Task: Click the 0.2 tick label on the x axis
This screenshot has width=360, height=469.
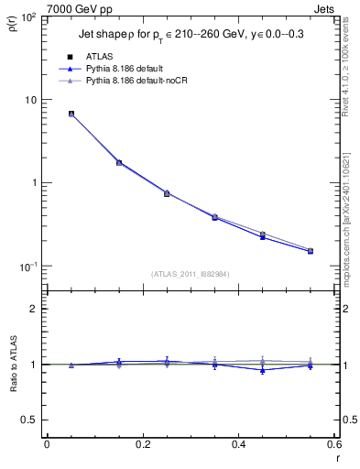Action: click(x=142, y=445)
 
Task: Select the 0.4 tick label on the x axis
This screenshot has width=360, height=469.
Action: click(x=238, y=445)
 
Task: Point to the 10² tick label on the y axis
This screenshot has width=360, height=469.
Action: click(x=33, y=17)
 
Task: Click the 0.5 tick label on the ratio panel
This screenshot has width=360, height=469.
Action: click(x=33, y=420)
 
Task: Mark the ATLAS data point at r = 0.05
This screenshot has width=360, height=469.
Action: click(x=71, y=115)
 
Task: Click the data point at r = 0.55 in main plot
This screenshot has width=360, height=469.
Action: click(x=311, y=251)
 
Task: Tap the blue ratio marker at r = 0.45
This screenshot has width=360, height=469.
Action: click(x=263, y=370)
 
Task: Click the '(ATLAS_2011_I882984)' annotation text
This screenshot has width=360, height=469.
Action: click(x=191, y=274)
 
